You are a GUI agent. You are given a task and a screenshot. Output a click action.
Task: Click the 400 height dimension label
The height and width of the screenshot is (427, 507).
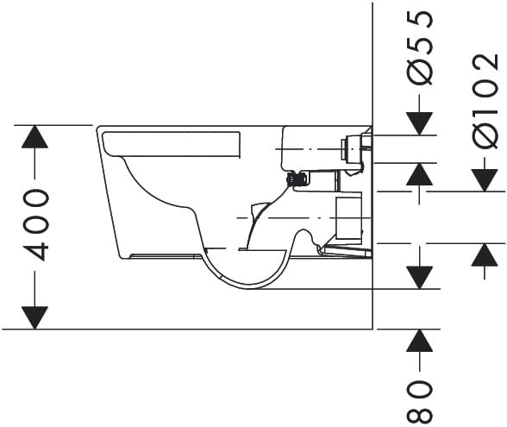point(36,225)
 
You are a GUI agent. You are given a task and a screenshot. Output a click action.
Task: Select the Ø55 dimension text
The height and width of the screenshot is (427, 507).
point(419,47)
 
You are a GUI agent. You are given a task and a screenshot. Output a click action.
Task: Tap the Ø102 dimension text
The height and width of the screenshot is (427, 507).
point(485,100)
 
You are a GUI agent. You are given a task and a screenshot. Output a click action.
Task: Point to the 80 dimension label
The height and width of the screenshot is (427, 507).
point(419,401)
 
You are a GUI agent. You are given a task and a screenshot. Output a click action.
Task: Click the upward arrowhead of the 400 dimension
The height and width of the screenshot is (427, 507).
point(34,137)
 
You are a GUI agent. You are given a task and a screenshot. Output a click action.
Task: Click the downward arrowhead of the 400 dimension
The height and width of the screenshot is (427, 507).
point(34,318)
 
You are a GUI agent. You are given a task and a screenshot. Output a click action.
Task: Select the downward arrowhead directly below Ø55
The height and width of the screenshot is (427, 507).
point(419,123)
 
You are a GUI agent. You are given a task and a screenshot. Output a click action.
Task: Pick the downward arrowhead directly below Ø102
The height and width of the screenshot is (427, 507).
point(485,180)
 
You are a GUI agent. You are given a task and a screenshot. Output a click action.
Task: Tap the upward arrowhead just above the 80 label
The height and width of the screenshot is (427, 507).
point(419,341)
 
